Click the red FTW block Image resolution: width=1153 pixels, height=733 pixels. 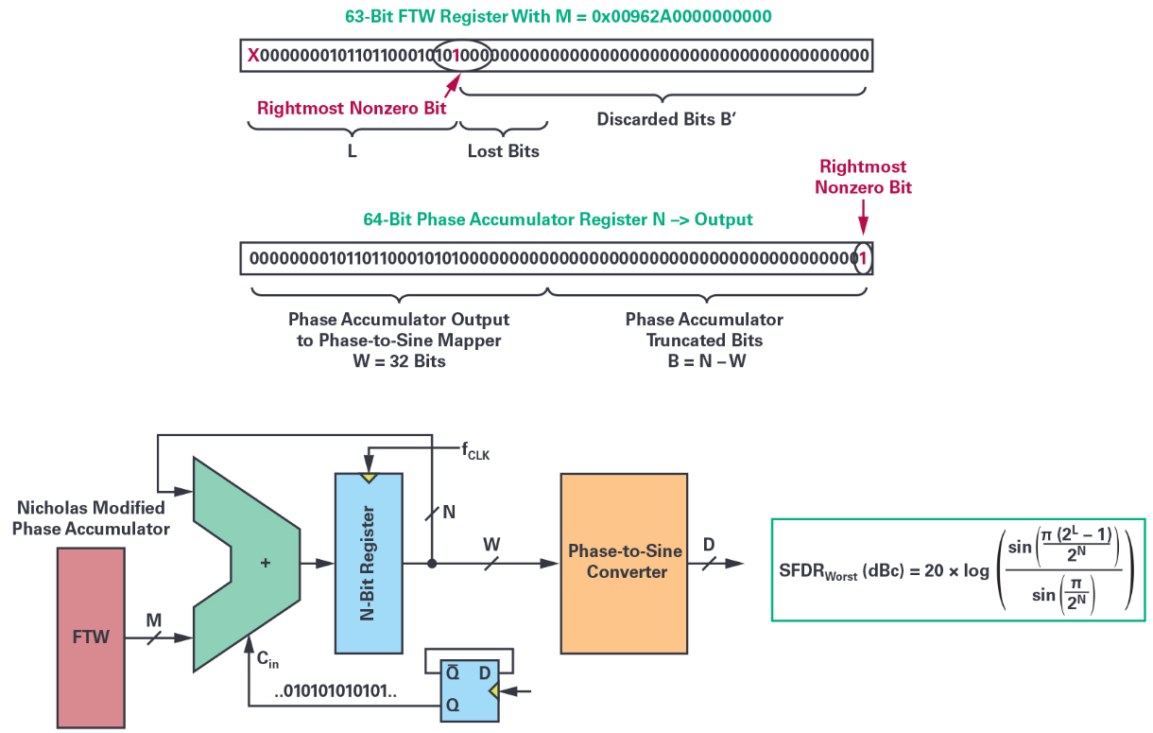(x=91, y=636)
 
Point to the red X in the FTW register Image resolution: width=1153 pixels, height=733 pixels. (x=253, y=56)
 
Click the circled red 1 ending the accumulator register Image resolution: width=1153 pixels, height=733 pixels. (x=862, y=257)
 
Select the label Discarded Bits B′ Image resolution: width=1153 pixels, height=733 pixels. (x=663, y=120)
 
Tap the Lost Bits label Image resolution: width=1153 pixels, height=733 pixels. (x=504, y=150)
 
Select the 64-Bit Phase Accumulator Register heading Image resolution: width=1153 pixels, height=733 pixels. (x=558, y=219)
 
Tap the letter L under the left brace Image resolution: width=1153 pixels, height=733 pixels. (x=352, y=150)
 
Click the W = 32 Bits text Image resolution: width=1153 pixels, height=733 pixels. (x=398, y=360)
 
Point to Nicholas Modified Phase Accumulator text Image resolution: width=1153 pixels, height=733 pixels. (x=91, y=518)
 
